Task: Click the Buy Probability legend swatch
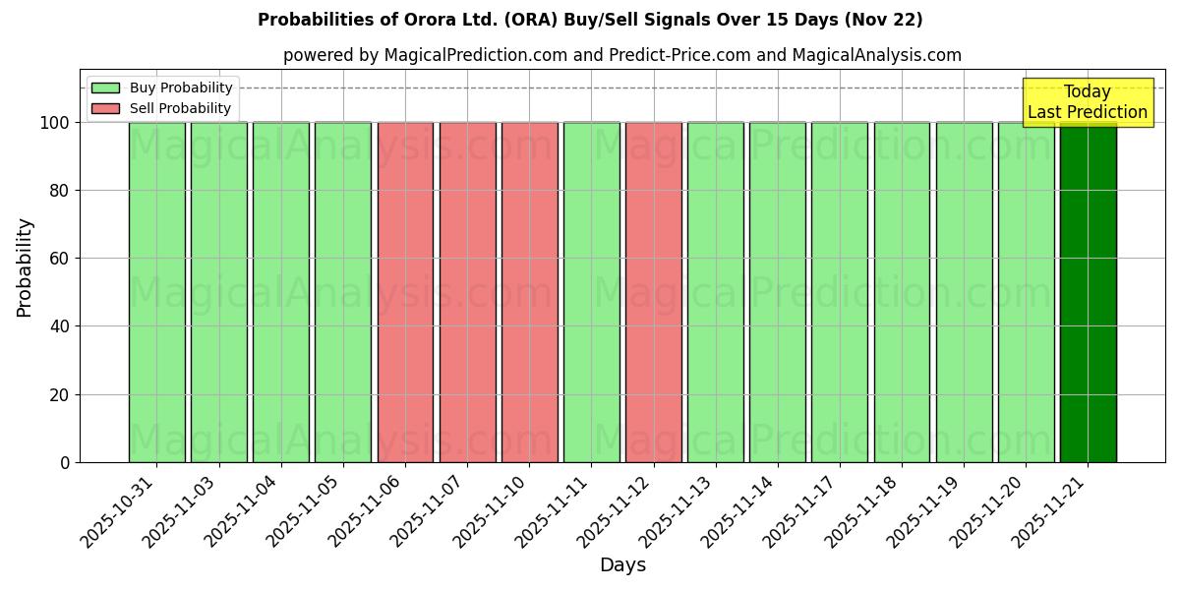(105, 88)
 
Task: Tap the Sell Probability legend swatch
(105, 108)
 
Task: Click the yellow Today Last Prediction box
(1087, 102)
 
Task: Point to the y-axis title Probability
(25, 266)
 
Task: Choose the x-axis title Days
(622, 565)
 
